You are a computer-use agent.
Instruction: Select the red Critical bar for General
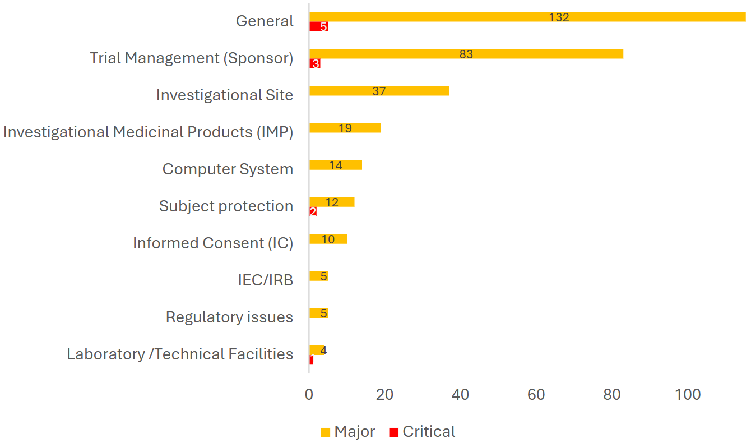click(x=318, y=26)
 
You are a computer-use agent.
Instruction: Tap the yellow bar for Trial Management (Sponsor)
click(x=392, y=54)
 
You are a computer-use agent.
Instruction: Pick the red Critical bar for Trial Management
click(x=314, y=63)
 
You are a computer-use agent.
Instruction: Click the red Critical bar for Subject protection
click(x=313, y=211)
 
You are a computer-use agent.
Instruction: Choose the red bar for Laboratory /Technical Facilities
click(x=310, y=359)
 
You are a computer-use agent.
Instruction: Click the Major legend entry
click(x=348, y=432)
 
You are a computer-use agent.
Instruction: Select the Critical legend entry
click(x=422, y=432)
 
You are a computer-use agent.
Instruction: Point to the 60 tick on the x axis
click(x=536, y=395)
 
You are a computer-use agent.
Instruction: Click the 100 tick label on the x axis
click(x=688, y=395)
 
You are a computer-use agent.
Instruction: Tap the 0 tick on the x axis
click(x=309, y=395)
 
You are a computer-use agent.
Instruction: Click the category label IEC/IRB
click(x=265, y=280)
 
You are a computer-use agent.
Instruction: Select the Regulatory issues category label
click(x=229, y=317)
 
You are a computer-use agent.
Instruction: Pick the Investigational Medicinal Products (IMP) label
click(x=148, y=132)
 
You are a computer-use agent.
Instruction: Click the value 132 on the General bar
click(x=559, y=17)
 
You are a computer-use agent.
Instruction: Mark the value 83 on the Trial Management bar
click(x=466, y=54)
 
